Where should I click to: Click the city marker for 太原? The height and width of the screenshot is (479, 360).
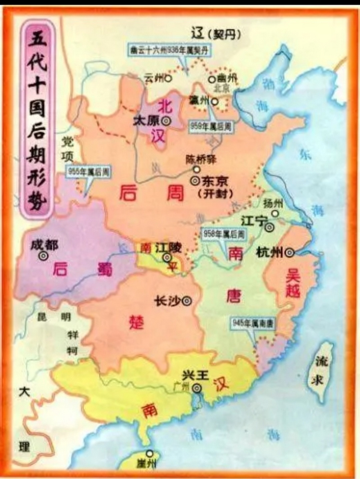coord(165,121)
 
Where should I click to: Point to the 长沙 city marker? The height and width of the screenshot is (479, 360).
coord(187,300)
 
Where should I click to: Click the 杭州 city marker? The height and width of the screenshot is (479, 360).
coord(289,253)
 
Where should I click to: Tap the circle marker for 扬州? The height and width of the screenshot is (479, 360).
coord(276,214)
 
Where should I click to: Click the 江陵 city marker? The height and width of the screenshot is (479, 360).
coord(166,257)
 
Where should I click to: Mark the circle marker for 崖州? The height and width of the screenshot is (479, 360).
coord(150,454)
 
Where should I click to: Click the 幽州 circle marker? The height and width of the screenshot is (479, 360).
coord(212,79)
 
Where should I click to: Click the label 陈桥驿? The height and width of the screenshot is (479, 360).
coord(201,160)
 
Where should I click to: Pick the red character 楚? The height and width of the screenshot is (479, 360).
coord(137,322)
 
